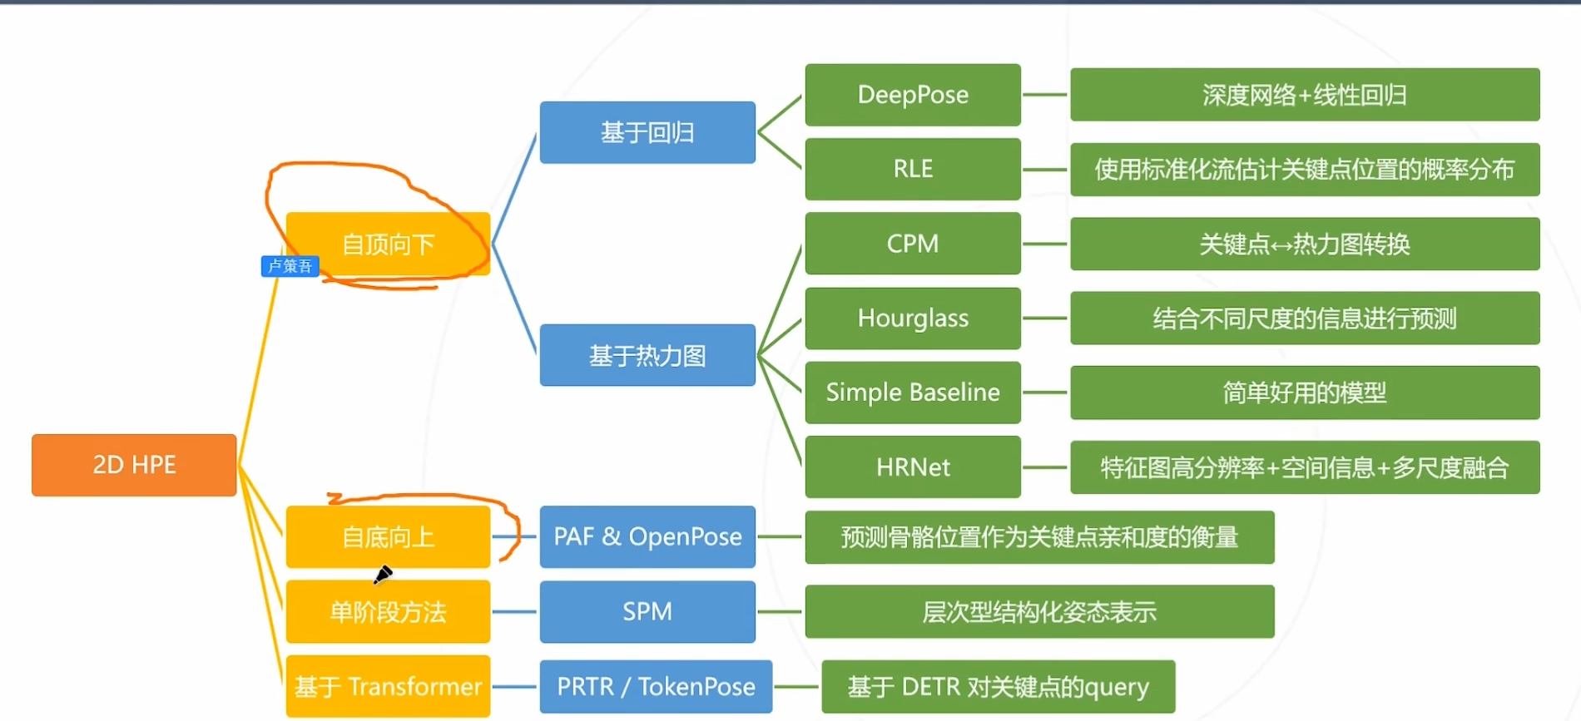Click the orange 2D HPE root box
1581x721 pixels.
coord(134,465)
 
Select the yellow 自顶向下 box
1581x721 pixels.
coord(388,244)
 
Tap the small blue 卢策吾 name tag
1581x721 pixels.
coord(290,266)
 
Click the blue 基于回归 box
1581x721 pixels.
coord(647,132)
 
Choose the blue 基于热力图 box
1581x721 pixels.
coord(647,355)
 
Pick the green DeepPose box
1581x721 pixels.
coord(913,95)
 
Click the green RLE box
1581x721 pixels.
coord(913,169)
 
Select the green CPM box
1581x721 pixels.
coord(913,244)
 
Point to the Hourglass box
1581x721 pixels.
coord(913,318)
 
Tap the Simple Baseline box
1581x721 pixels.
coord(913,393)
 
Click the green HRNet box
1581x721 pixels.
coord(913,467)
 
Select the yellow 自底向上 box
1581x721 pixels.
coord(388,537)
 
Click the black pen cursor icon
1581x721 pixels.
coord(383,575)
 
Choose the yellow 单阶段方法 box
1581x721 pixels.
coord(388,612)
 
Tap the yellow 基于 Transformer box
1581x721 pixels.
coord(388,687)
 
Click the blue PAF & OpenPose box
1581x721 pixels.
coord(647,537)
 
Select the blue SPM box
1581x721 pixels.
coord(647,612)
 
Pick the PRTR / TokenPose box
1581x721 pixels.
coord(656,687)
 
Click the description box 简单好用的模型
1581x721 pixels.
coord(1305,393)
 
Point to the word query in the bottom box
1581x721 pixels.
coord(1116,689)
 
